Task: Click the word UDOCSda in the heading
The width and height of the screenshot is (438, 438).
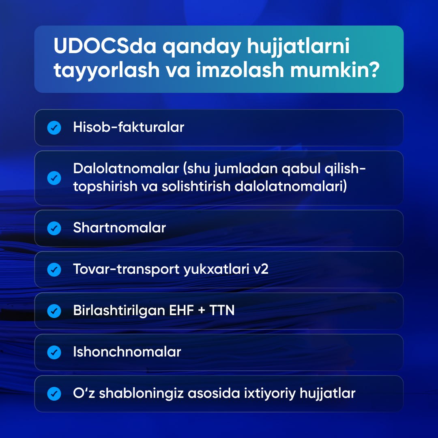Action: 105,46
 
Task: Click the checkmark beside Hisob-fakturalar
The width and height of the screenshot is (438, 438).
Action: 54,128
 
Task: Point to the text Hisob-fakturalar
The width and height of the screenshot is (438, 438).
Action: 129,127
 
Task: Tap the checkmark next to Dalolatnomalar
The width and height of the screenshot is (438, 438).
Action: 54,178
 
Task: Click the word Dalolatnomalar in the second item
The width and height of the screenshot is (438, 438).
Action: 126,168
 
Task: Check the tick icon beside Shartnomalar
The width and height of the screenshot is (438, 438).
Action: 54,228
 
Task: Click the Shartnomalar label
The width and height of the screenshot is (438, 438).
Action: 120,228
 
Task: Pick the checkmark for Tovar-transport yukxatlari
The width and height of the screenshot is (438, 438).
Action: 54,270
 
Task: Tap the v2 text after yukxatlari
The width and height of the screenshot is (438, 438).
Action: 261,269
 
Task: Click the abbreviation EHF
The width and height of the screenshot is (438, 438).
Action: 182,310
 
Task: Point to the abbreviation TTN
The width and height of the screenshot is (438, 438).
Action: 222,310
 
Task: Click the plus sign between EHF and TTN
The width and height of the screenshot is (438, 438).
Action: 202,311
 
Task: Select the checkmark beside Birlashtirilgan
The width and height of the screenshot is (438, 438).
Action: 54,311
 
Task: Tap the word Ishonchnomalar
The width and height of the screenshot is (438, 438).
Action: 127,352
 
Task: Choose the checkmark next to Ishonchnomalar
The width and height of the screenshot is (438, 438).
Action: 54,352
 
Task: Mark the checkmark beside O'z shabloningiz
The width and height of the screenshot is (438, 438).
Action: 54,393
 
